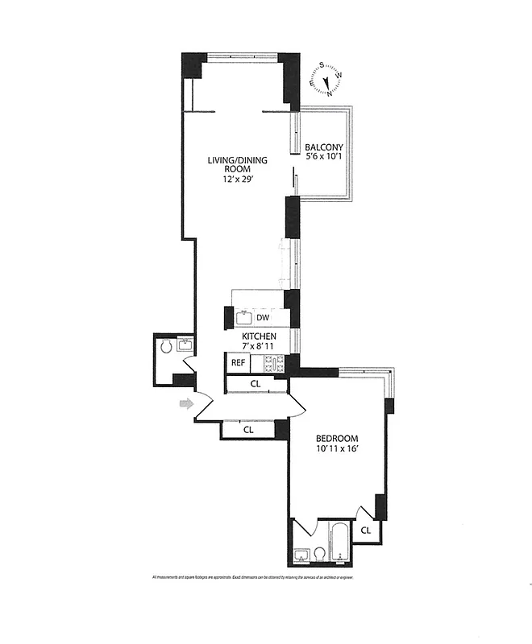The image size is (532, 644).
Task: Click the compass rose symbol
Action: point(326,80)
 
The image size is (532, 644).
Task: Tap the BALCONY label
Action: point(324,147)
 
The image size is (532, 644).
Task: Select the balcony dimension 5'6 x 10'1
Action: point(324,159)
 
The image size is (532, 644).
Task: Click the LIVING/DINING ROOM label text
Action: point(237,165)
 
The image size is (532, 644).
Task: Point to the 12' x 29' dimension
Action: point(237,180)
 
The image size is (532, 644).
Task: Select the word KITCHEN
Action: point(260,336)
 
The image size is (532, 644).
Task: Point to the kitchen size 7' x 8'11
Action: point(260,347)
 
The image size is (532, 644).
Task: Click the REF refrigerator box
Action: point(238,363)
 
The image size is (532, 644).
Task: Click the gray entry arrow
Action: point(186,403)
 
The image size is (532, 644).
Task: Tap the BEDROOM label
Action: point(336,440)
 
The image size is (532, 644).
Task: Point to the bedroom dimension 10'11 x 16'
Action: point(336,452)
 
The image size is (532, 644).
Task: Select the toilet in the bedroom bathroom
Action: point(319,554)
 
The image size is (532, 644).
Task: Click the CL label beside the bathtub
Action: point(365,530)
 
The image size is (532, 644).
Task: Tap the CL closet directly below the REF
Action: point(255,384)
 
